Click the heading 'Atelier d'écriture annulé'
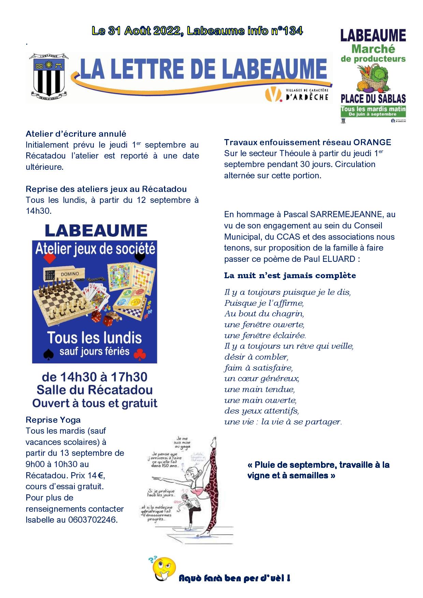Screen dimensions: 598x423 click(x=76, y=134)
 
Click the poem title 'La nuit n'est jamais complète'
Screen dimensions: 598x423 click(x=290, y=275)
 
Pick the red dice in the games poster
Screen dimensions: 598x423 click(x=107, y=320)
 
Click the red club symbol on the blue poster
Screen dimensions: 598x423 click(x=140, y=355)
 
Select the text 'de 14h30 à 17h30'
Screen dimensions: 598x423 click(x=94, y=377)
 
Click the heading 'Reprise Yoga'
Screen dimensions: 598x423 click(x=53, y=420)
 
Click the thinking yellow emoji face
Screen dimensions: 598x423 click(x=163, y=569)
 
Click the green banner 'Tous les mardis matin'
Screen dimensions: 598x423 click(x=373, y=109)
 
